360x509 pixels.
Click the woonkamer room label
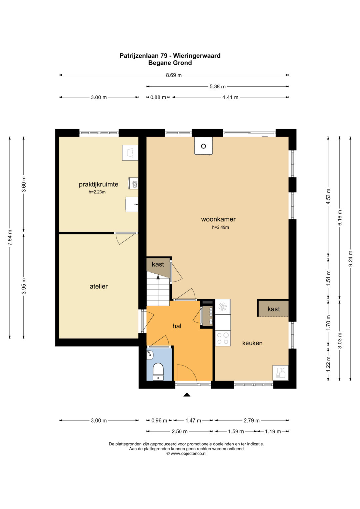point(218,219)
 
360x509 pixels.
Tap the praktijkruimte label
point(98,184)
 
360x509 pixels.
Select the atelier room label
point(99,286)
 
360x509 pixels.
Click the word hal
point(177,326)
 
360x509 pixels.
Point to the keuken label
point(252,343)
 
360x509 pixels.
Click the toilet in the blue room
point(158,372)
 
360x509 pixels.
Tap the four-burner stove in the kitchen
point(223,338)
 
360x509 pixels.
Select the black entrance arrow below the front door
point(187,395)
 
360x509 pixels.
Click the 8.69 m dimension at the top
point(174,75)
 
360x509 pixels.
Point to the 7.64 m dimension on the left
point(10,237)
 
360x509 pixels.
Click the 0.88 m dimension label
point(158,97)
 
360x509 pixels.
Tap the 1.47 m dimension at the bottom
point(193,421)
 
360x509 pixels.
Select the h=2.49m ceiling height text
point(220,227)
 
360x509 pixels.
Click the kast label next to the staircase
point(158,264)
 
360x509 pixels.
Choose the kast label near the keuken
point(274,309)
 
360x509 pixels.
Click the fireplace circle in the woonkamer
point(203,146)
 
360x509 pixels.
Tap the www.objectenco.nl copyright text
point(186,453)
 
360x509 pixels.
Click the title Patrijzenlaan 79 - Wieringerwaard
point(170,56)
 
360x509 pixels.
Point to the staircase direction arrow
point(158,276)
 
